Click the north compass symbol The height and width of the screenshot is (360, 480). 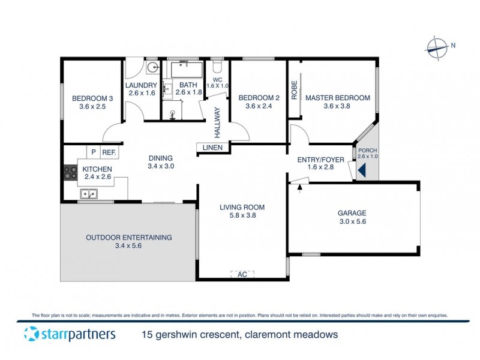pos(437,46)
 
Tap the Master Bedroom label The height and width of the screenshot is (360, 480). pos(337,98)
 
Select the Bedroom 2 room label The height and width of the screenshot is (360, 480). pos(259,98)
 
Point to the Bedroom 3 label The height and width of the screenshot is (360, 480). pos(92,98)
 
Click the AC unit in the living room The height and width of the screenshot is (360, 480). pos(242,274)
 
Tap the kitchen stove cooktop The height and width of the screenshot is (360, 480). pos(69,173)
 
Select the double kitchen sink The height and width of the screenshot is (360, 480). pos(90,194)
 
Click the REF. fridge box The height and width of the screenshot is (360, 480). pos(109,152)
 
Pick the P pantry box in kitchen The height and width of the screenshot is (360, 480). pos(93,152)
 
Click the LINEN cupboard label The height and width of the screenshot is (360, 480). pos(212,148)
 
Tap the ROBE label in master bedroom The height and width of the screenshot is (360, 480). pos(294,90)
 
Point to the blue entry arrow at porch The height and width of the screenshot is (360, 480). pos(362,171)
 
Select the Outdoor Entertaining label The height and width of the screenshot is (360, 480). pos(128,237)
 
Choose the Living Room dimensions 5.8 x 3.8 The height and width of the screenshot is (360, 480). pos(242,217)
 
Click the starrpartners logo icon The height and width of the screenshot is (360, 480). pos(29,334)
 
